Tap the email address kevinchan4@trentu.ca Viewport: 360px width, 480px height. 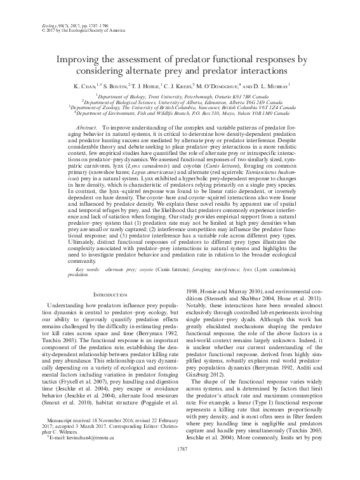(76, 455)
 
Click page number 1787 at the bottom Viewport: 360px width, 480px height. (180, 467)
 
